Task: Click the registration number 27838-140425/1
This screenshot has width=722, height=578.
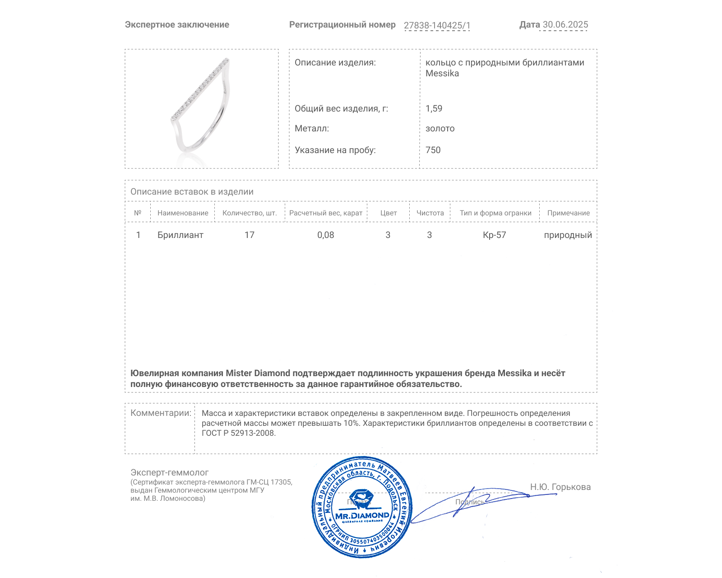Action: pyautogui.click(x=437, y=25)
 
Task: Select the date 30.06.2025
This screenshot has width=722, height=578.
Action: pyautogui.click(x=565, y=25)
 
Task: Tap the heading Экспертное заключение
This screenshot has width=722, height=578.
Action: pyautogui.click(x=177, y=25)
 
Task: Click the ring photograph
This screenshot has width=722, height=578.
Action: pyautogui.click(x=201, y=108)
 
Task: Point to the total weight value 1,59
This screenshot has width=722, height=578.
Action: pyautogui.click(x=434, y=108)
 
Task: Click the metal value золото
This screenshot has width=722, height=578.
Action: pyautogui.click(x=440, y=129)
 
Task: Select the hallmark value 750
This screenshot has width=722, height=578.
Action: pyautogui.click(x=433, y=150)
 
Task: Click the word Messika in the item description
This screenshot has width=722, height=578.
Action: pyautogui.click(x=442, y=74)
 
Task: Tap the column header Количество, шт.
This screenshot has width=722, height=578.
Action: pyautogui.click(x=250, y=213)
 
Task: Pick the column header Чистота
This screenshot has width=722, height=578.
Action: pyautogui.click(x=430, y=213)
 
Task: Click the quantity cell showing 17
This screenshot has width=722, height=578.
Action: pyautogui.click(x=250, y=235)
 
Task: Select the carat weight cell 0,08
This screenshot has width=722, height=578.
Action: pyautogui.click(x=325, y=235)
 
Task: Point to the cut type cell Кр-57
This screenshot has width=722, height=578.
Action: pyautogui.click(x=494, y=235)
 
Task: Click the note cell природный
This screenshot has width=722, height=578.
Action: pyautogui.click(x=568, y=235)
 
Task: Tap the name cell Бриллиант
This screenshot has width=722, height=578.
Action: pyautogui.click(x=180, y=235)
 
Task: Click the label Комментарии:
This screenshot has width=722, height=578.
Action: pyautogui.click(x=161, y=413)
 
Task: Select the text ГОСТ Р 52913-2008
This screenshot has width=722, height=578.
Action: pyautogui.click(x=238, y=433)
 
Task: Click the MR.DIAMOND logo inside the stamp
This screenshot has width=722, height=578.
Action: pyautogui.click(x=362, y=515)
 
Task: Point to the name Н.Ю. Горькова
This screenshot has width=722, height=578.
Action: pyautogui.click(x=560, y=487)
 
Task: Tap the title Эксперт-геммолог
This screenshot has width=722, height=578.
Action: pyautogui.click(x=170, y=472)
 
